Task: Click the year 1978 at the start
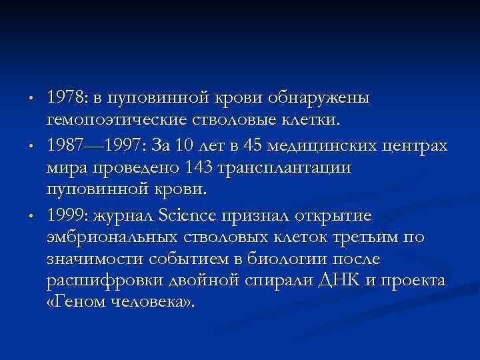64,98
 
